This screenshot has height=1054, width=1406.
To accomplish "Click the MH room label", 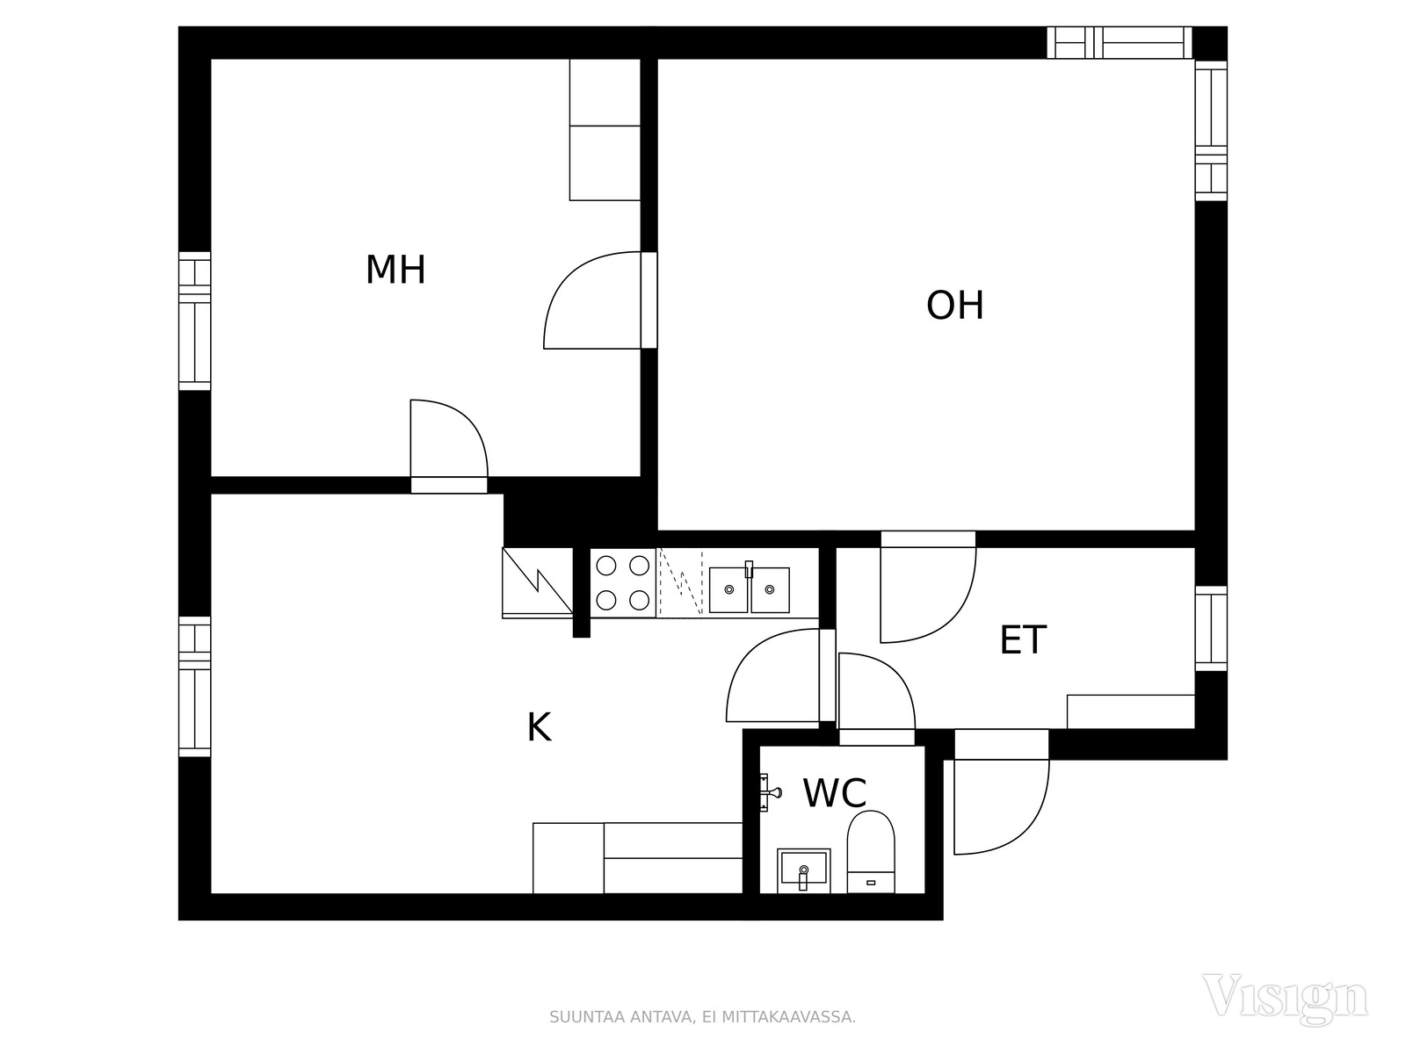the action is coord(395,270).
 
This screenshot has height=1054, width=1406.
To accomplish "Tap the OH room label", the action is coord(954,306).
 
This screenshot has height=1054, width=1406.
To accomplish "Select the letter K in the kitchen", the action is coord(539,727).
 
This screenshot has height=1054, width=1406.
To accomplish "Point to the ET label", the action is coord(1023,640).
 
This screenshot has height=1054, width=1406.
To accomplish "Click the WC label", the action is coord(835,793).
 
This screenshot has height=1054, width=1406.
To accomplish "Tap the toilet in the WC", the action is coord(871,852).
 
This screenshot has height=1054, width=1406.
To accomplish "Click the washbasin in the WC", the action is coord(803,870).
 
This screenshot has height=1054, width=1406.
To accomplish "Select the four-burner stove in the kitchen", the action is coord(623,583).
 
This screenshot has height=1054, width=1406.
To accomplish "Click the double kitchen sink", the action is coord(749,588).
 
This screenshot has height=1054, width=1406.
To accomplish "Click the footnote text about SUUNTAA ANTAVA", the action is coord(702,1017).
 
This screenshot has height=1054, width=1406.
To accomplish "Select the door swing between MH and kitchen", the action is coord(449,438).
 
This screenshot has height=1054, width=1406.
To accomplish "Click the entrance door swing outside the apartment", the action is coord(1001,807).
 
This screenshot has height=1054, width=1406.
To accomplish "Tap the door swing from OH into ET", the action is coord(928,596).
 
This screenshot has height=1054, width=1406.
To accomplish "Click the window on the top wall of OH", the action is coord(1120,43).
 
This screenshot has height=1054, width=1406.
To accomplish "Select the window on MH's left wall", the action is coord(195,321).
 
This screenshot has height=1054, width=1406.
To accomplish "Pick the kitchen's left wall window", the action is coord(195,687).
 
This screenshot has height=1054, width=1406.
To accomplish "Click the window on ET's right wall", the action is coord(1211,628).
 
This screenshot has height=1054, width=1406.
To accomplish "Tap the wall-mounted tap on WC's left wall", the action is coord(769,793).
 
